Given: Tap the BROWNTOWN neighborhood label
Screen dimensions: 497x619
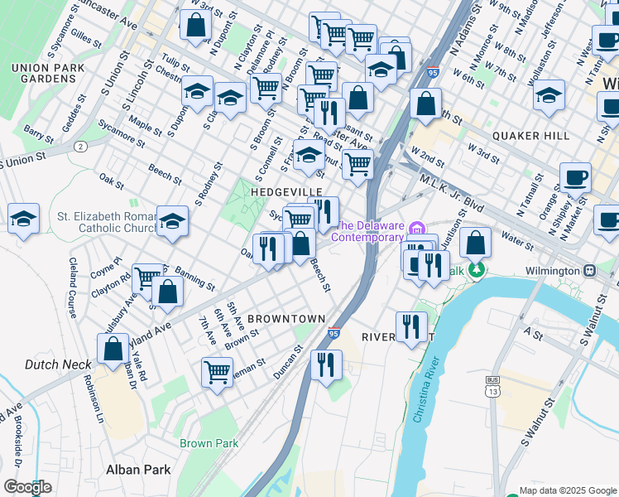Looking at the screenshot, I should click(x=286, y=318).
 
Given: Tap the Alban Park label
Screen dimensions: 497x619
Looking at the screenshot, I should click(x=138, y=470).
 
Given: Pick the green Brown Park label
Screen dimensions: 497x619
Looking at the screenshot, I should click(x=209, y=443).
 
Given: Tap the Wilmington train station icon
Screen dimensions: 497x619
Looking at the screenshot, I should click(x=590, y=271).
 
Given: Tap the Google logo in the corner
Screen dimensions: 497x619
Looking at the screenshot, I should click(x=28, y=487).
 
